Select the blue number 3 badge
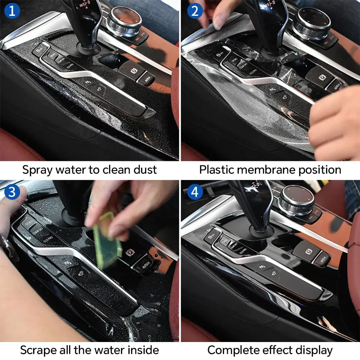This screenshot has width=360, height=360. coord(12,192)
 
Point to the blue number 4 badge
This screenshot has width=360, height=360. coord(195,192)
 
